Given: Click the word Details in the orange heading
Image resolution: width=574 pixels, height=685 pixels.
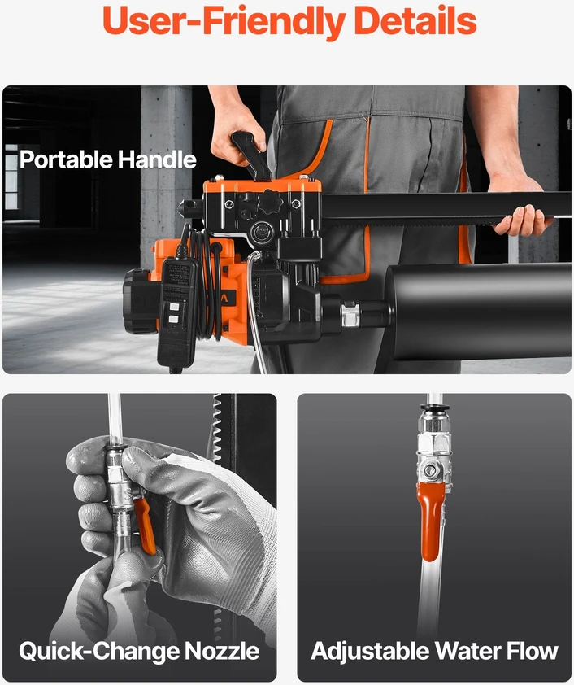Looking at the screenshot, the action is click(x=415, y=20).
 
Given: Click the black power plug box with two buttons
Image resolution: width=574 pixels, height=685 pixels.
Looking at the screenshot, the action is click(x=176, y=311).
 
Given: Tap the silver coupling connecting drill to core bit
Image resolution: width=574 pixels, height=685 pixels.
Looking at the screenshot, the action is click(x=350, y=315).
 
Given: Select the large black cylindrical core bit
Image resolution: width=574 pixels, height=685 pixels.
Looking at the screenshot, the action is click(x=478, y=311).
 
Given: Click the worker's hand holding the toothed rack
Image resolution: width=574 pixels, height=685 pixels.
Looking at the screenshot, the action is click(x=522, y=220).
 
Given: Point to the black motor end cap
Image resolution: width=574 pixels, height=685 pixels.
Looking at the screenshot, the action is click(x=139, y=302).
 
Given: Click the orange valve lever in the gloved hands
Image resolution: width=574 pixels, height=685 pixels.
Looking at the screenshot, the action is click(x=145, y=526).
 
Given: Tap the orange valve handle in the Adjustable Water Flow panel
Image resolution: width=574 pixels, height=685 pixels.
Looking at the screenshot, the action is click(x=430, y=521).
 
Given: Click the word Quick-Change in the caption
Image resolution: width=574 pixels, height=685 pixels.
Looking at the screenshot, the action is click(x=99, y=652).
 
